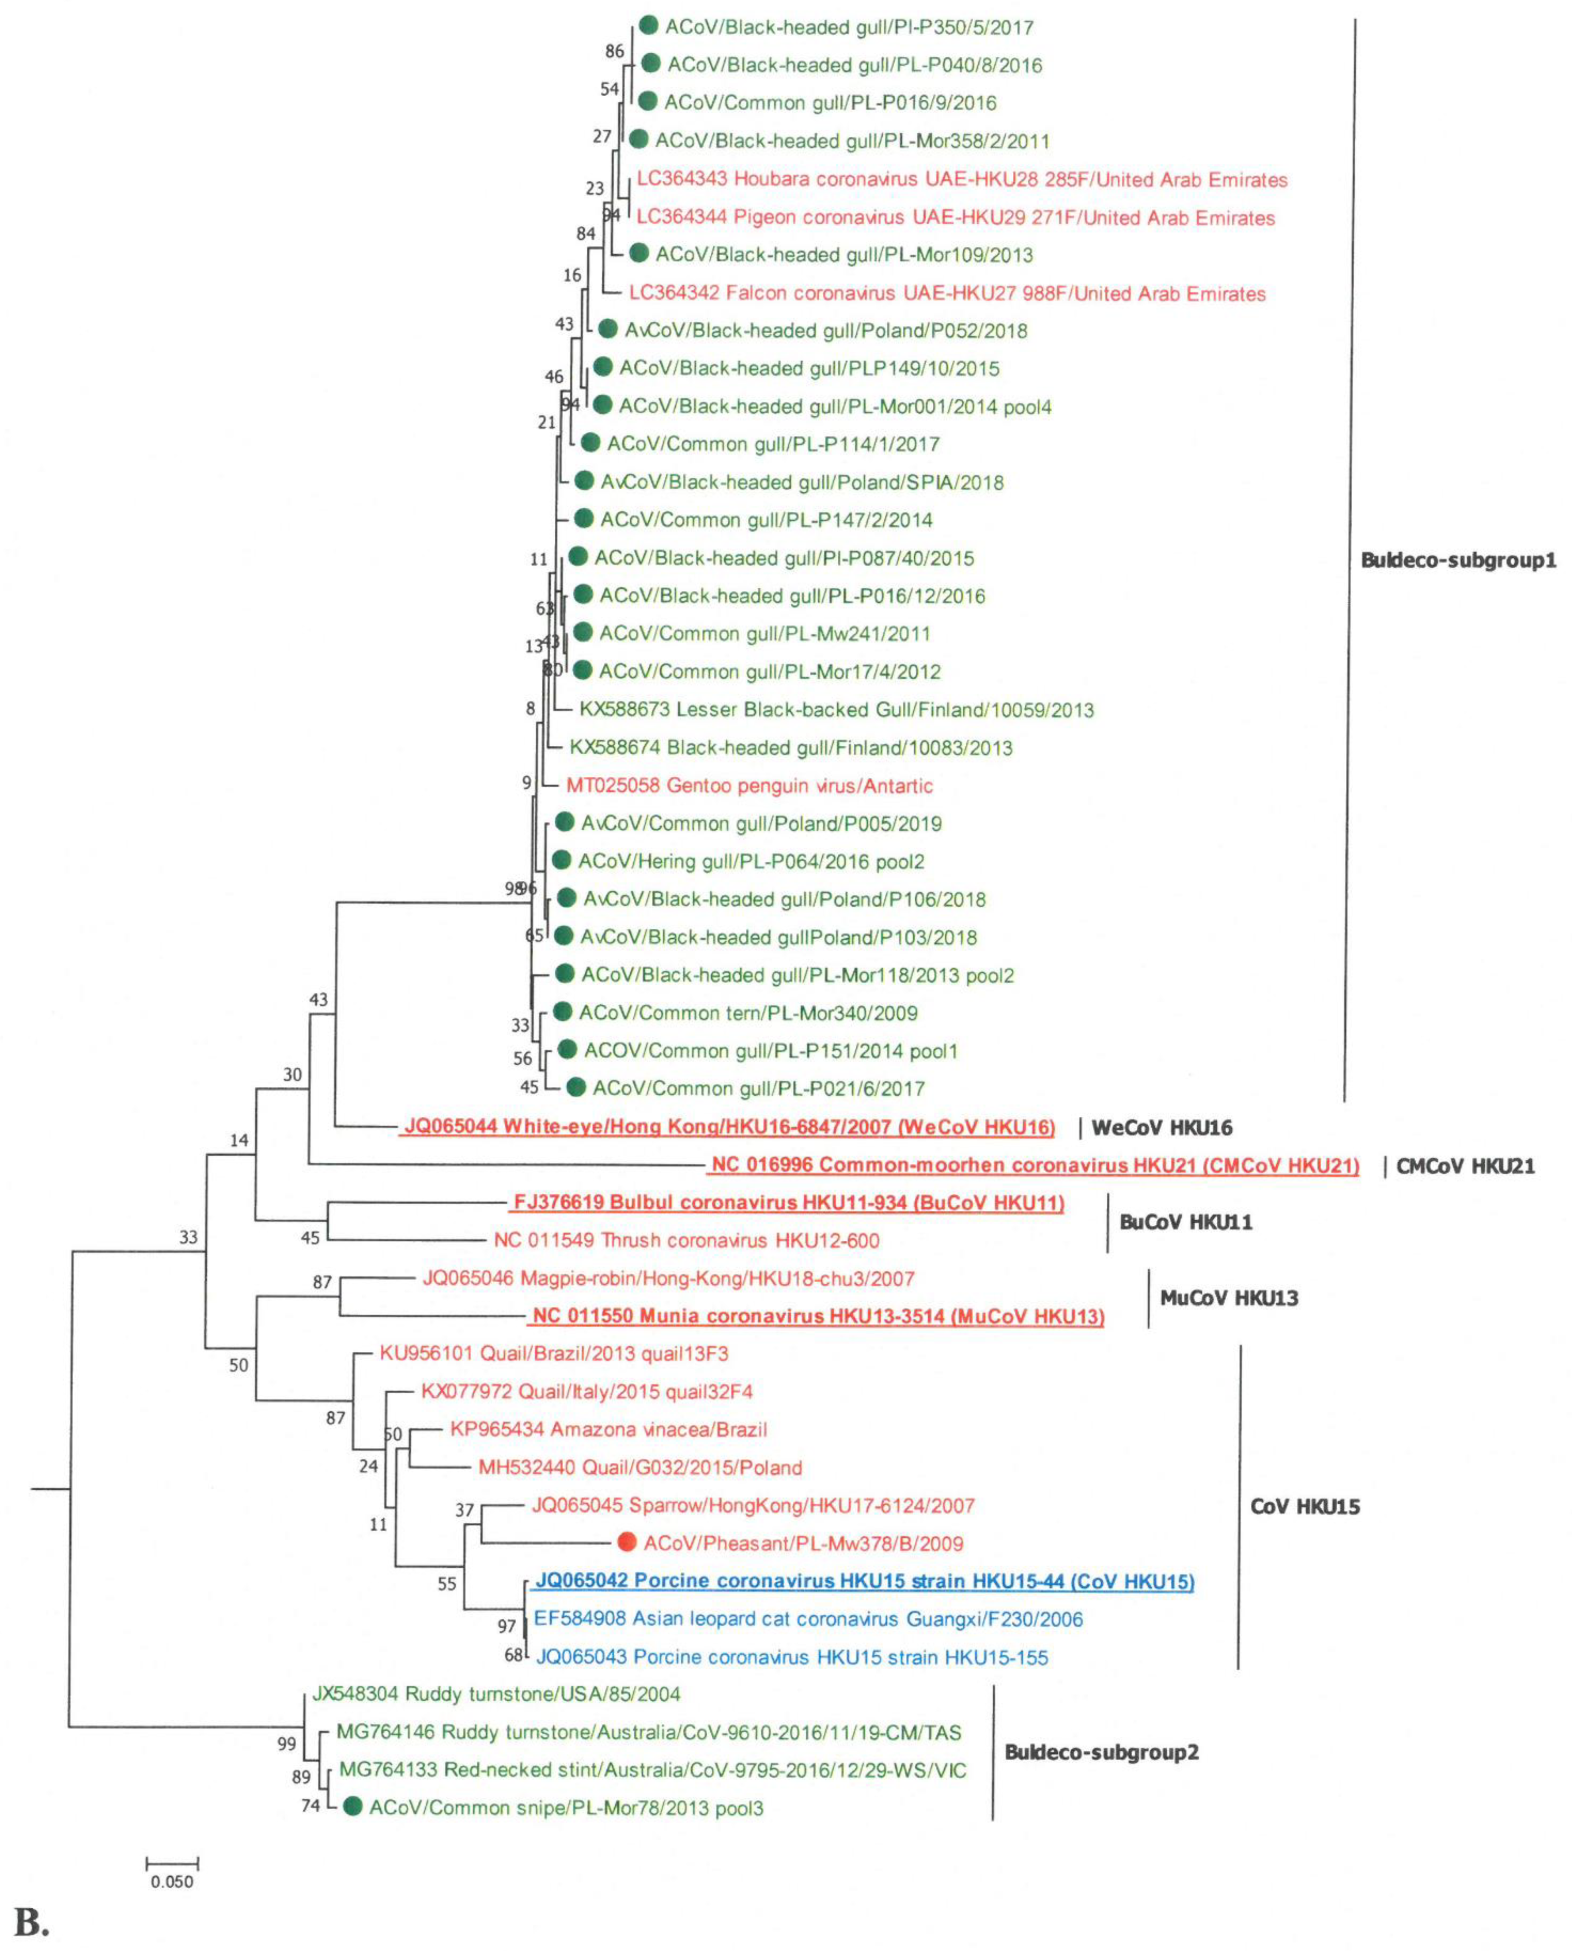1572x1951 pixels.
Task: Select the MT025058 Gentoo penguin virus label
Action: (749, 785)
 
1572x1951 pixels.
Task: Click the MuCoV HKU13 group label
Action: (1229, 1298)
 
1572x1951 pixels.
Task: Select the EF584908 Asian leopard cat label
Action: (808, 1619)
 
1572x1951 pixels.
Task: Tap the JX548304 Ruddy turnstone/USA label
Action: (495, 1694)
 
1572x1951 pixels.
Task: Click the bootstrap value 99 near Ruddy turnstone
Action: (286, 1743)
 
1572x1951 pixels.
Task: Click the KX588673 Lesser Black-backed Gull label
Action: (836, 709)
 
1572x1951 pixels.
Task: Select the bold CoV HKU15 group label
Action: (1305, 1506)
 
